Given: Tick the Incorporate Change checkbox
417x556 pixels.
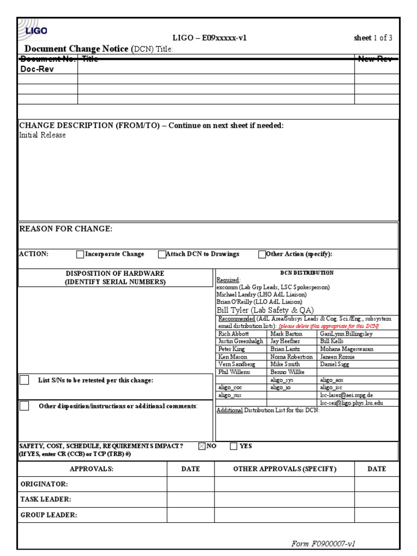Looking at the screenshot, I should pos(80,254).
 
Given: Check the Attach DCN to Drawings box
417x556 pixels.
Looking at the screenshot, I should pos(162,254).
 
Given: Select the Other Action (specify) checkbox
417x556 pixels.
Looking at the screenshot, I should pos(262,254).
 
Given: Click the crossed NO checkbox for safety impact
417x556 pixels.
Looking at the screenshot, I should pos(202,446).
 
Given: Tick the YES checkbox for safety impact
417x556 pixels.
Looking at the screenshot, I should pos(233,446).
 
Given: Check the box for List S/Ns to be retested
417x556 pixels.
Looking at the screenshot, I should pos(24,380).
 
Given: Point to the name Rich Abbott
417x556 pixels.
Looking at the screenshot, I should pos(232,334).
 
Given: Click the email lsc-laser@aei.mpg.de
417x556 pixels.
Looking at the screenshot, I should pos(346,396).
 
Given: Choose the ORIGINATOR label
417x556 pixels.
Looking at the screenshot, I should pos(44,484).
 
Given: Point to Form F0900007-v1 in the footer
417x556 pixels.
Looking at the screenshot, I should pos(323,544).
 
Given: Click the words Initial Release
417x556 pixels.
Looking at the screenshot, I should pos(42,135).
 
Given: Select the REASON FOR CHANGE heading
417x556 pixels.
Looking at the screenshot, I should pos(66,229).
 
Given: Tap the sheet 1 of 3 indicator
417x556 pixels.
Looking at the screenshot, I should pos(372,38).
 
